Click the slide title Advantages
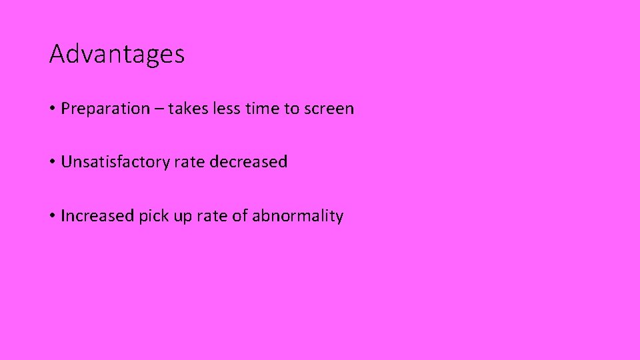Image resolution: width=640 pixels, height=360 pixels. click(117, 54)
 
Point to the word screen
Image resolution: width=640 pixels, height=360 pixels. click(329, 109)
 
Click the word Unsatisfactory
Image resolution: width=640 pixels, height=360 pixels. click(115, 162)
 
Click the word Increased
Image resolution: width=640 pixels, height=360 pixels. click(97, 216)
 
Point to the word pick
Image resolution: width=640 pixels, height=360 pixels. click(152, 217)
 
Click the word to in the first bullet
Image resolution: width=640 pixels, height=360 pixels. click(291, 109)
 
